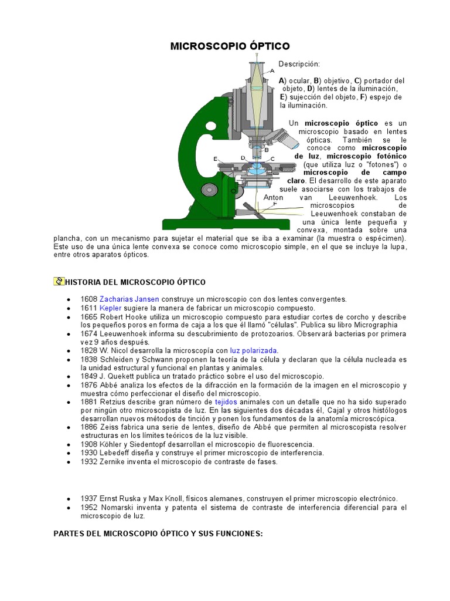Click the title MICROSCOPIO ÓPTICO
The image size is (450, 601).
(x=230, y=46)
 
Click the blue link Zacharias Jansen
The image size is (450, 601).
(x=129, y=299)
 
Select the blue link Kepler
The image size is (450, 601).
(x=110, y=308)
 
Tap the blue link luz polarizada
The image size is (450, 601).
(x=253, y=350)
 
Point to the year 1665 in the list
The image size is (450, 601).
(x=88, y=316)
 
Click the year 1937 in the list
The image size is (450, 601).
(x=88, y=498)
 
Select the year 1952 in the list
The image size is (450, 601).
(x=88, y=507)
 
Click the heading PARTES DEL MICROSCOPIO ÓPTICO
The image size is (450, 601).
(x=158, y=534)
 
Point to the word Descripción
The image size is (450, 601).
(x=299, y=63)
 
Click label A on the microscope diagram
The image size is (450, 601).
(x=272, y=70)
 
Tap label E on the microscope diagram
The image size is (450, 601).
(x=215, y=159)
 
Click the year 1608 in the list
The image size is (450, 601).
(x=88, y=299)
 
